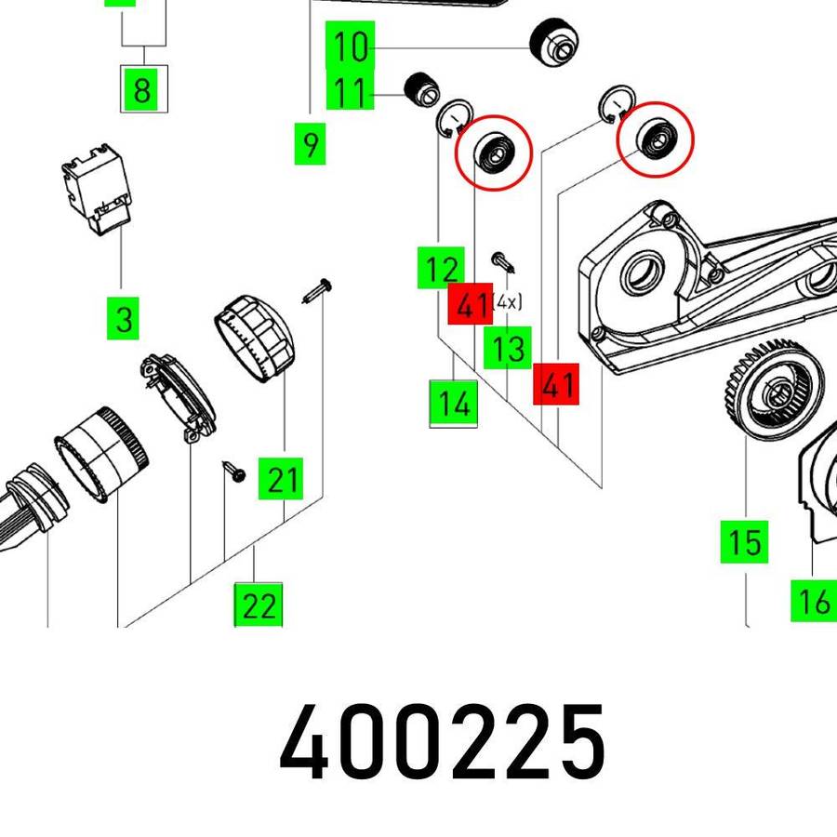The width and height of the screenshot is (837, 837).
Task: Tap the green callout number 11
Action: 351,92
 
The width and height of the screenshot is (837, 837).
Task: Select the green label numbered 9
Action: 310,144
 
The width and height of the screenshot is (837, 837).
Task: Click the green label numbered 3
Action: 124,319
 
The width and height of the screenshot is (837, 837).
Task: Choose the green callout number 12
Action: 441,268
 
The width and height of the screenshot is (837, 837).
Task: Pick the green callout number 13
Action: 508,348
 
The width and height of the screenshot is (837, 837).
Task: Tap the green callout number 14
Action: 454,402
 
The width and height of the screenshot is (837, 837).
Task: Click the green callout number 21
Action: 281,478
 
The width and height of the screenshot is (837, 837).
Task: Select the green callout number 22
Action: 259,604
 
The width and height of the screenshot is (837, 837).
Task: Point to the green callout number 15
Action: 744,542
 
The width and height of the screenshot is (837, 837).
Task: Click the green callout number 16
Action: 814,601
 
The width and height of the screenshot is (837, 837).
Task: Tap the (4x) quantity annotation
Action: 507,302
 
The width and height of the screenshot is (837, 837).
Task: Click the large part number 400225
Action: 442,741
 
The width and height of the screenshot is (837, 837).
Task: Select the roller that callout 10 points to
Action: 554,43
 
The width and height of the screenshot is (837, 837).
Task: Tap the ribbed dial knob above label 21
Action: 255,338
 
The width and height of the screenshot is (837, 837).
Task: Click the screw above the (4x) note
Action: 503,262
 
